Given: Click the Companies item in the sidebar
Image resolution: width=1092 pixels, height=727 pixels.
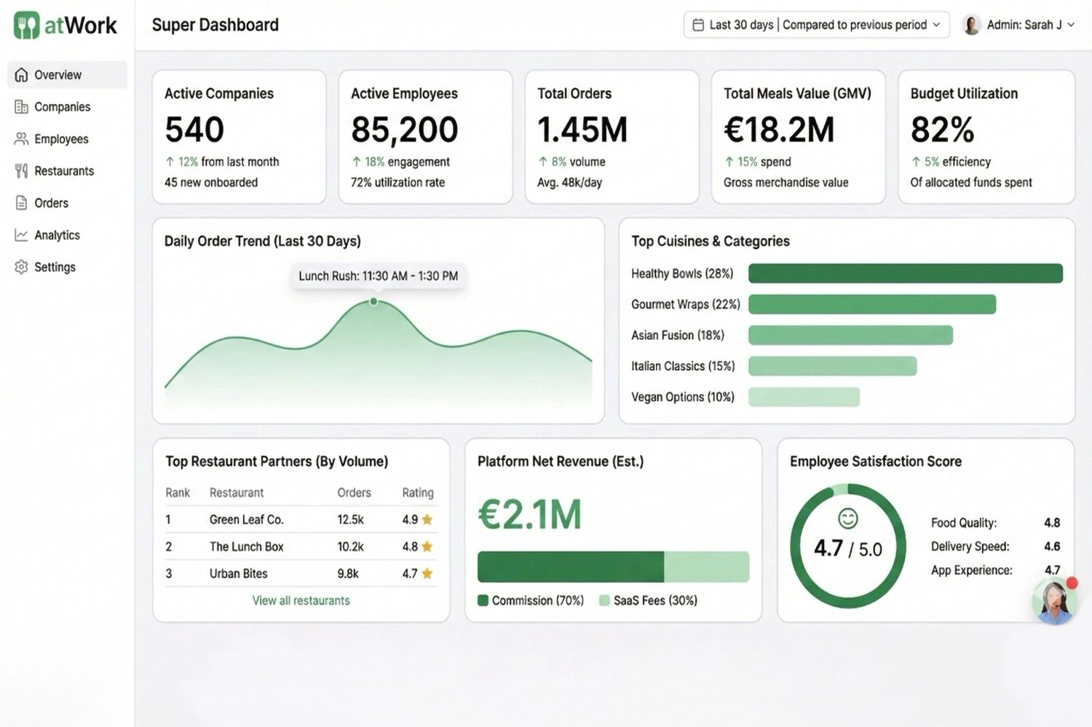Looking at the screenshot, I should click(x=62, y=107).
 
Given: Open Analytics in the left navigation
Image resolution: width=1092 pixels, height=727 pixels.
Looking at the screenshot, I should click(x=56, y=235).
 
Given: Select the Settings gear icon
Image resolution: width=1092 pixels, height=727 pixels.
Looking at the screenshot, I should click(x=21, y=267).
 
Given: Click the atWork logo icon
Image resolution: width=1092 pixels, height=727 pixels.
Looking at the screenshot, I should click(x=27, y=25).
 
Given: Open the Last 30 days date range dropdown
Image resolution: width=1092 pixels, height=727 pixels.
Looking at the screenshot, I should click(x=816, y=25).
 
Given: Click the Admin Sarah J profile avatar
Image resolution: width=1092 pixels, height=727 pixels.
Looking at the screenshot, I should click(x=971, y=25).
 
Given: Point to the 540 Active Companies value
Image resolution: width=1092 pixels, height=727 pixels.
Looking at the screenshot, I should click(x=194, y=130).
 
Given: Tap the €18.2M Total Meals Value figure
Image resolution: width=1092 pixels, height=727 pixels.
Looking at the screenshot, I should click(x=778, y=130).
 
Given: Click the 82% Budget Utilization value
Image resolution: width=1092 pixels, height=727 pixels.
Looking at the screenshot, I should click(x=942, y=130).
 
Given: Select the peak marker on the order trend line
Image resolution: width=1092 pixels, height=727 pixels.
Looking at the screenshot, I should click(x=373, y=301).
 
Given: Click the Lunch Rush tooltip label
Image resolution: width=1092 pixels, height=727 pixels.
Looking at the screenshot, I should click(x=378, y=276).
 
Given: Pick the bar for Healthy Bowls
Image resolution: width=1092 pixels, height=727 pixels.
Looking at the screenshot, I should click(x=905, y=274).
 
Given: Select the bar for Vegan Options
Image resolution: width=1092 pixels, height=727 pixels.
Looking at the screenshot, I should click(x=804, y=397).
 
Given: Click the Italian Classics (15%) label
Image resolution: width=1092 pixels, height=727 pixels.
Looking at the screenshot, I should click(x=683, y=366).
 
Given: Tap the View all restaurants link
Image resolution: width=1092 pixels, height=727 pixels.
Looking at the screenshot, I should click(x=301, y=600).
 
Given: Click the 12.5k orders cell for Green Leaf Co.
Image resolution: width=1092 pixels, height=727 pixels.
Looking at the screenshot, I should click(x=350, y=520).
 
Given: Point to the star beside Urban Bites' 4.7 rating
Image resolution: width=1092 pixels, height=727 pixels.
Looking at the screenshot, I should click(x=427, y=573).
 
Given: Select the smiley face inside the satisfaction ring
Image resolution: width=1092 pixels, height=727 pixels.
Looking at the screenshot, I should click(x=847, y=518).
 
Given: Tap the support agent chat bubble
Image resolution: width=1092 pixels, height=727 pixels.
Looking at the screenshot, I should click(x=1053, y=602).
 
